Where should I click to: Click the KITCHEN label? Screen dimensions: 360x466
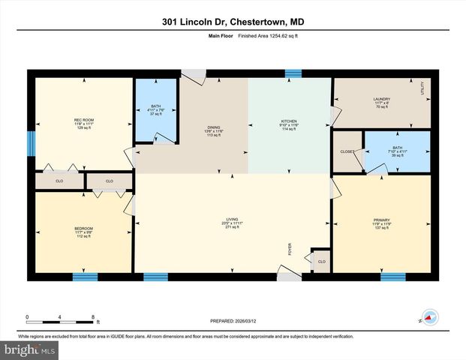click(289, 121)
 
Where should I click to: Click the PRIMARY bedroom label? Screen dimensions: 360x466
click(381, 221)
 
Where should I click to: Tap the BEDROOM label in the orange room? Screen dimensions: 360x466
click(83, 228)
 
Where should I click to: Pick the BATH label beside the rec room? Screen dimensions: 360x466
click(156, 107)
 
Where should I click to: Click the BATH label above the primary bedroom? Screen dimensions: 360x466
click(397, 148)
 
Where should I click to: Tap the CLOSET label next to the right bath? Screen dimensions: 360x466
click(347, 151)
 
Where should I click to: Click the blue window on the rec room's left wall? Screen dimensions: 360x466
click(31, 143)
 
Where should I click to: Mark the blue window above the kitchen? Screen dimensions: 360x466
click(293, 73)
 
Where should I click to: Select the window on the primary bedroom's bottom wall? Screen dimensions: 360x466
click(392, 277)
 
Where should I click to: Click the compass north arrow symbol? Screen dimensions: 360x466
click(430, 316)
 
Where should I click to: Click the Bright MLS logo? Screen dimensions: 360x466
click(28, 350)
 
